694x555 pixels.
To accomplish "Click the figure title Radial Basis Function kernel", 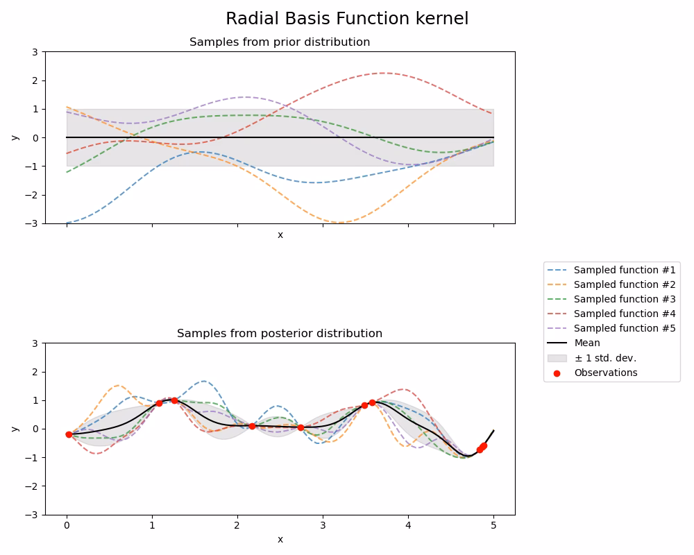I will (347, 19).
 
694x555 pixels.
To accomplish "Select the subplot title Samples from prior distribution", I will (280, 42).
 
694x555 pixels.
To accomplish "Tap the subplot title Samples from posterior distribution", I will (280, 334).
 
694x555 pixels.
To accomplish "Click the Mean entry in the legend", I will (587, 343).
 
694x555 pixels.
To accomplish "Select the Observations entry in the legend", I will (605, 373).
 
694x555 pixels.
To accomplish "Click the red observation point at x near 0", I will (69, 434).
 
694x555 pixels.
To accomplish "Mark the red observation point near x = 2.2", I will (252, 426).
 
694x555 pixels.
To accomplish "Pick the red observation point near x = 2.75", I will (301, 427).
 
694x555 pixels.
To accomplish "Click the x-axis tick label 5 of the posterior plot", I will (493, 526).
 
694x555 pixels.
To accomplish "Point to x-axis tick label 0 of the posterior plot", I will (67, 526).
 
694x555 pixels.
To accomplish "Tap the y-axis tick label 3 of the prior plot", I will (35, 52).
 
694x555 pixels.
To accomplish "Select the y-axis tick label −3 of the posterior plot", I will (32, 515).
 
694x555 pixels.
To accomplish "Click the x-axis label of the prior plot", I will (280, 235).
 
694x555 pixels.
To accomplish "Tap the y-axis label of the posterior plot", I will (15, 429).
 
